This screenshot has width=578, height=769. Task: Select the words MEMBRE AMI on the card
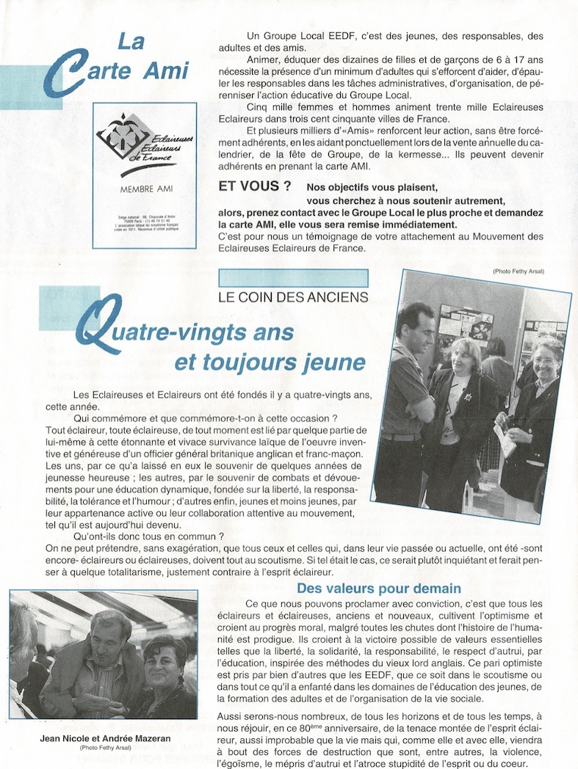point(144,189)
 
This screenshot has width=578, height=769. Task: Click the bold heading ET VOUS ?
point(250,186)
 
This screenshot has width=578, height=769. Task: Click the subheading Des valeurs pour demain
point(378,588)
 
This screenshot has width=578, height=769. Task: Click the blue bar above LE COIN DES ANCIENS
point(293,278)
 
